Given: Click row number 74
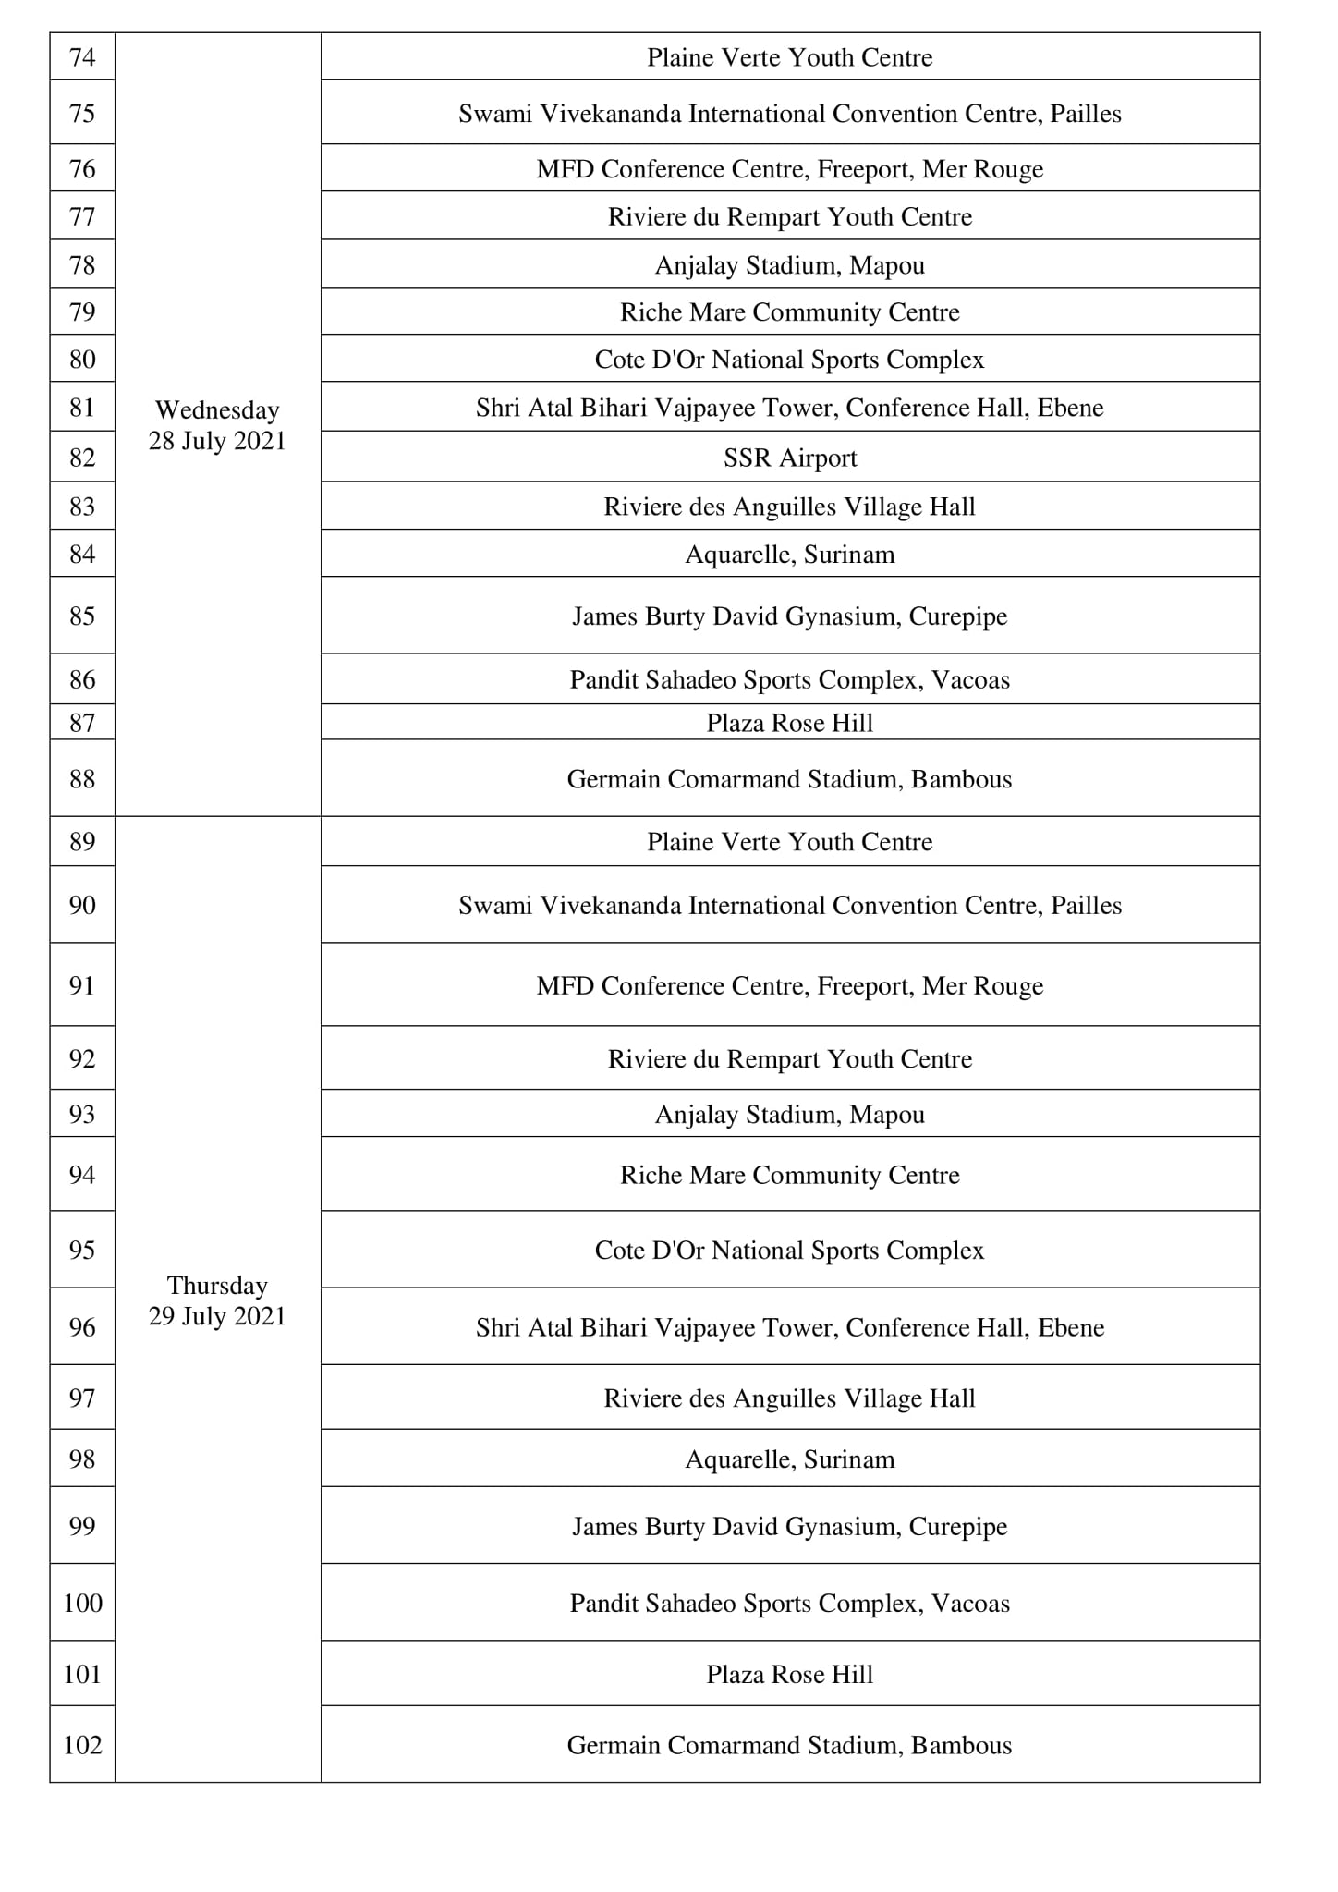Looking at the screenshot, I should [x=82, y=57].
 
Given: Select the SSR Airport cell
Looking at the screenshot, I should [x=790, y=458].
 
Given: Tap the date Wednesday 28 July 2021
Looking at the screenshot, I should [x=217, y=425].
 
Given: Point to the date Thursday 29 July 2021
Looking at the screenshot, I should [x=217, y=1300].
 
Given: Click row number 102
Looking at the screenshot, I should [x=82, y=1744].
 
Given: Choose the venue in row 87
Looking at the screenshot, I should [x=790, y=723].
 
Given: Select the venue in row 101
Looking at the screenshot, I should [x=790, y=1674].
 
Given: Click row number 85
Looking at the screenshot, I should [x=82, y=616].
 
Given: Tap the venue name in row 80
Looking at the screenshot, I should [x=790, y=360].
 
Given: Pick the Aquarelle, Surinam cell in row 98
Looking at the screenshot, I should [x=790, y=1459].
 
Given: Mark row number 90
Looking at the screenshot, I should [x=82, y=905].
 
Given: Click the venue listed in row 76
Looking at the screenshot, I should [x=790, y=169].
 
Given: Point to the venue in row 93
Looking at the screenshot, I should [x=790, y=1115].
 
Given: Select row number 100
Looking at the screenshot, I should [x=82, y=1603].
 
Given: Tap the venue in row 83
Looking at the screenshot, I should [x=790, y=507].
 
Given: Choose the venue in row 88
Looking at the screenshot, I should [x=790, y=779].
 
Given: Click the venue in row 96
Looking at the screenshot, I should [x=790, y=1327].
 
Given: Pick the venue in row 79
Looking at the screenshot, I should [x=790, y=312].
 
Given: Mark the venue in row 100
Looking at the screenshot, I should [x=790, y=1603].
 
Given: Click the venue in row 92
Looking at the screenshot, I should [x=790, y=1058].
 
